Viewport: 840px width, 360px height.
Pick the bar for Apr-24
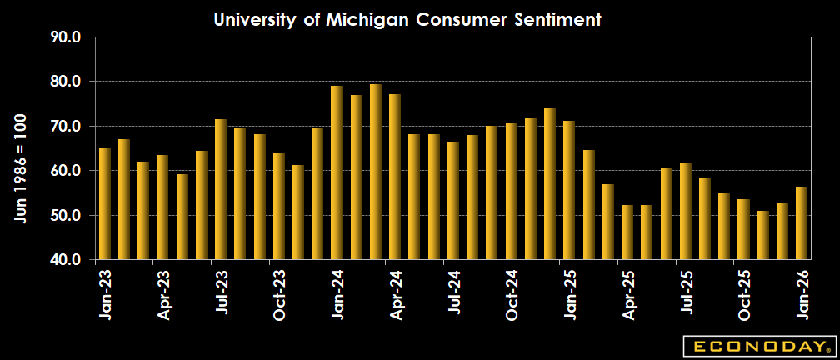395,177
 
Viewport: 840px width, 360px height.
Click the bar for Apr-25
627,232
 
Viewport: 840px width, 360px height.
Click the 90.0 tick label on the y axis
65,37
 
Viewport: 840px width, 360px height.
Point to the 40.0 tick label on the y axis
65,260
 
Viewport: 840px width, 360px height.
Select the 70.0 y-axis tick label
65,127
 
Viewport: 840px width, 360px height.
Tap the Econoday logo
757,345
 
